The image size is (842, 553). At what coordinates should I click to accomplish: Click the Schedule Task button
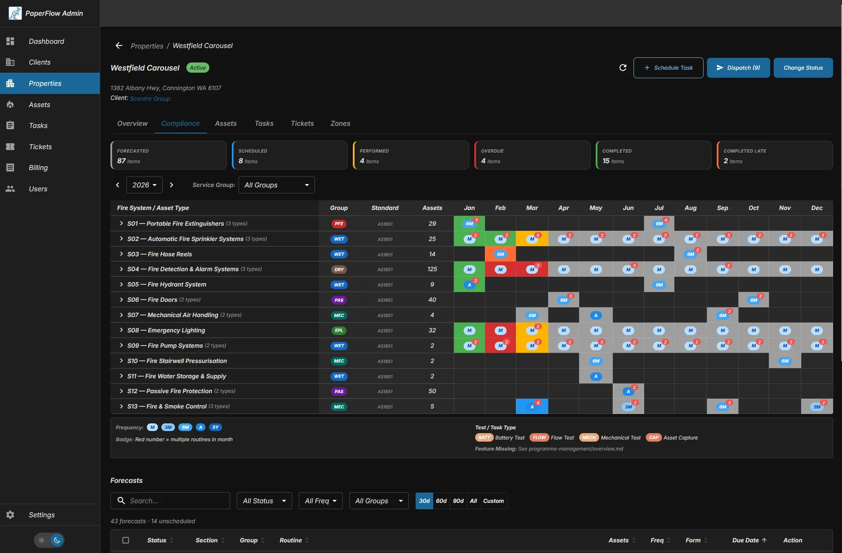(x=668, y=68)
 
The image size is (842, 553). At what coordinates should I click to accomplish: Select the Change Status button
(x=803, y=68)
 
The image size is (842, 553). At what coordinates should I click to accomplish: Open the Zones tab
(x=340, y=123)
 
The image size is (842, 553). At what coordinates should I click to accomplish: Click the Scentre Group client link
(x=150, y=99)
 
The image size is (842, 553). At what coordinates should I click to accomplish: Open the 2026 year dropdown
(x=144, y=185)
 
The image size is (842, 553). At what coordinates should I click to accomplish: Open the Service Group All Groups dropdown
(x=276, y=185)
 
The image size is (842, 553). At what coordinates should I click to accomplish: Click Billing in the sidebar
(x=38, y=167)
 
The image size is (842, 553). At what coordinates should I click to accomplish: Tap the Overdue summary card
(x=532, y=156)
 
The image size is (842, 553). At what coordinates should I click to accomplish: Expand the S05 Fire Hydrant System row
(x=121, y=284)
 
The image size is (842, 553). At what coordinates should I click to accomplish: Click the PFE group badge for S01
(x=339, y=224)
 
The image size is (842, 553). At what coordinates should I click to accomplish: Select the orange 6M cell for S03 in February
(x=500, y=254)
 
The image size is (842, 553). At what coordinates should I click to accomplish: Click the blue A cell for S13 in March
(x=532, y=407)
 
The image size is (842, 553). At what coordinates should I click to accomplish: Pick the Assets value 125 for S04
(x=432, y=269)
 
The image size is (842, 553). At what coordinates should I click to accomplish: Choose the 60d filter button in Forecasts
(x=441, y=501)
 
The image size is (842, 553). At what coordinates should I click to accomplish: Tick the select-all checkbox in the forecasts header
(x=126, y=540)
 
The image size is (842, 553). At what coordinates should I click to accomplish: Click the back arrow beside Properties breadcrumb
(x=119, y=45)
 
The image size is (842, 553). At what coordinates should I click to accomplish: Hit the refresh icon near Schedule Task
(x=622, y=68)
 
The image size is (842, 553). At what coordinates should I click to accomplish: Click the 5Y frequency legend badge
(x=215, y=427)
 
